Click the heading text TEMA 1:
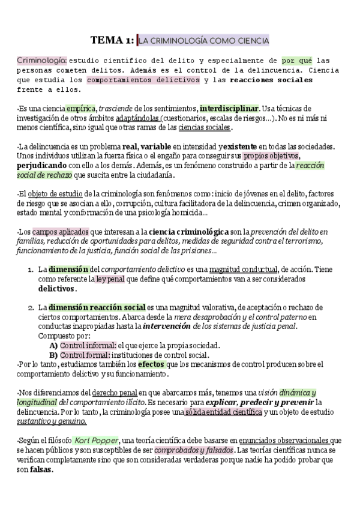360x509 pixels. click(x=112, y=40)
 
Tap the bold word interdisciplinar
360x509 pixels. click(x=230, y=108)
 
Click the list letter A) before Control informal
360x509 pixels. click(x=53, y=345)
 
